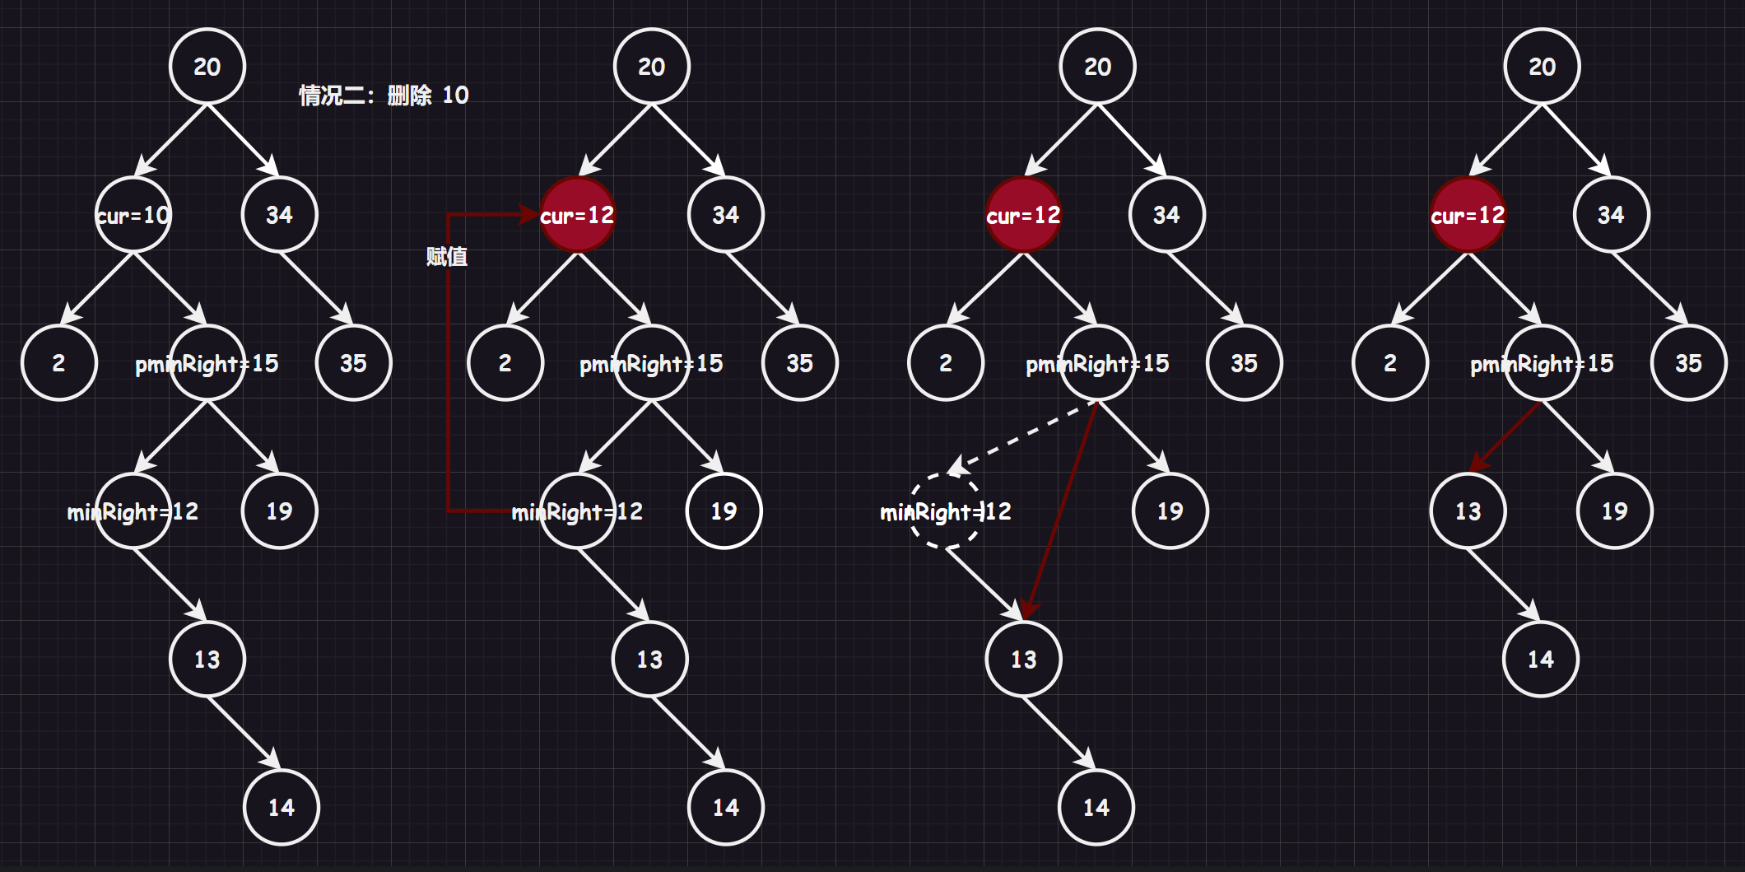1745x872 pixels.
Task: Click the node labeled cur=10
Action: tap(133, 215)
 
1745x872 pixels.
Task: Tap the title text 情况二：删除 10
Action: tap(384, 96)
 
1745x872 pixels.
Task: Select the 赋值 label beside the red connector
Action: tap(447, 257)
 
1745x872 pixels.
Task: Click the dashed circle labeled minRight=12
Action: tap(946, 511)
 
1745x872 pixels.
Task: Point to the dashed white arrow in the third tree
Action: tap(1025, 436)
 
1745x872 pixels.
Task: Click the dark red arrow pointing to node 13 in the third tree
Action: tap(1062, 511)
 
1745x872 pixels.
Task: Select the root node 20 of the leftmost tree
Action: tap(207, 67)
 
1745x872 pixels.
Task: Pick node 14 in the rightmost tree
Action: tap(1540, 659)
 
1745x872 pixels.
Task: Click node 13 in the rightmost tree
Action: tap(1468, 511)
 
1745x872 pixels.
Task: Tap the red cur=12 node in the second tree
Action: tap(578, 215)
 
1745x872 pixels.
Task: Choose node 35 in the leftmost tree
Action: tap(354, 363)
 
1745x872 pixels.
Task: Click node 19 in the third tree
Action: tap(1170, 511)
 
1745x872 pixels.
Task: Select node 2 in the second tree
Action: tap(505, 363)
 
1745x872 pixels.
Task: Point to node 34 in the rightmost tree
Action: tap(1611, 215)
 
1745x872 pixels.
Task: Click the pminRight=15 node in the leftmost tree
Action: tap(208, 363)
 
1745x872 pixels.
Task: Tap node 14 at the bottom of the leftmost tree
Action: tap(282, 807)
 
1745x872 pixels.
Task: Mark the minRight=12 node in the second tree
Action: tap(578, 511)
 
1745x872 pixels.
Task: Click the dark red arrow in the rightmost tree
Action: tap(1506, 436)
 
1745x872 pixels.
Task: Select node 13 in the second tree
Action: tap(649, 659)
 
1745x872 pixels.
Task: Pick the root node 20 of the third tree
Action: tap(1098, 67)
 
